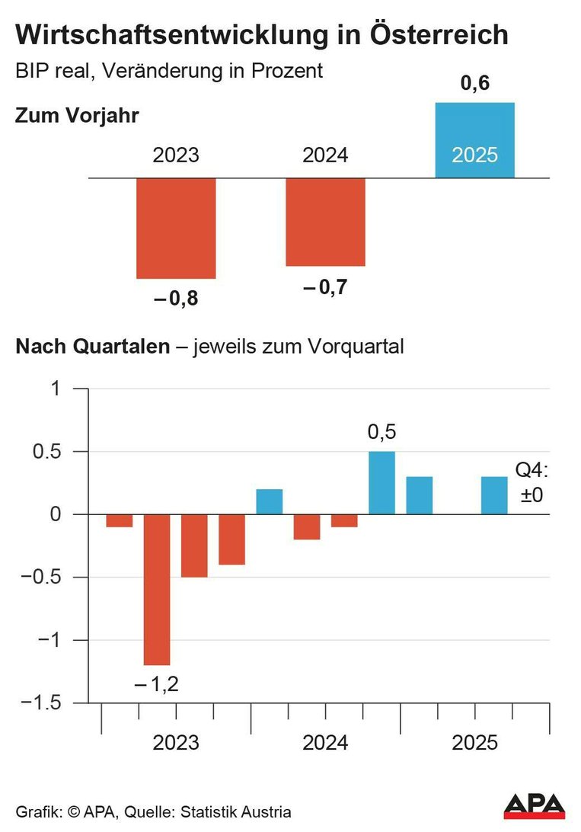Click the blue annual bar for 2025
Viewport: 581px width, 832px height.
coord(474,140)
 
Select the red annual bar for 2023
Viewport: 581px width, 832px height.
coord(176,228)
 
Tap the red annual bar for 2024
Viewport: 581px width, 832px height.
coord(325,222)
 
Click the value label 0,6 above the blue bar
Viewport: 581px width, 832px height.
coord(474,84)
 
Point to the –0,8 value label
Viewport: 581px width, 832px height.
coord(176,299)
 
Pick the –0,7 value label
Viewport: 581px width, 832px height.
coord(326,288)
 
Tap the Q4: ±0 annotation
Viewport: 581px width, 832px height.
coord(532,485)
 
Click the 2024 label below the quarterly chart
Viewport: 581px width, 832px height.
coord(325,742)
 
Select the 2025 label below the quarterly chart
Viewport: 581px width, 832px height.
coord(474,742)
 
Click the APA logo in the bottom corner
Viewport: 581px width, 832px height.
coord(535,806)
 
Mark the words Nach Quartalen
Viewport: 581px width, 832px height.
coord(92,347)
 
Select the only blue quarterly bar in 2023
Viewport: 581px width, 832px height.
coord(269,501)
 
